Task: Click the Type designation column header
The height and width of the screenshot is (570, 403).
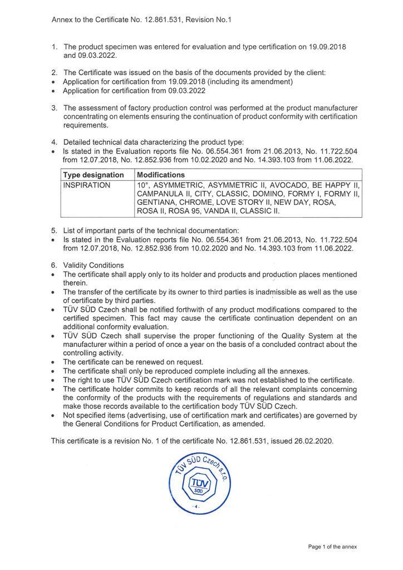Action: (93, 175)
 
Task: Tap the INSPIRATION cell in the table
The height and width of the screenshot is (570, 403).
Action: (86, 185)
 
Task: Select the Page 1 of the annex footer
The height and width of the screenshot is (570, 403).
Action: (332, 547)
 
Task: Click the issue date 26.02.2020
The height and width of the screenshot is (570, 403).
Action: (314, 441)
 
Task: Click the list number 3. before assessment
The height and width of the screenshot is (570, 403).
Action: (54, 107)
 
